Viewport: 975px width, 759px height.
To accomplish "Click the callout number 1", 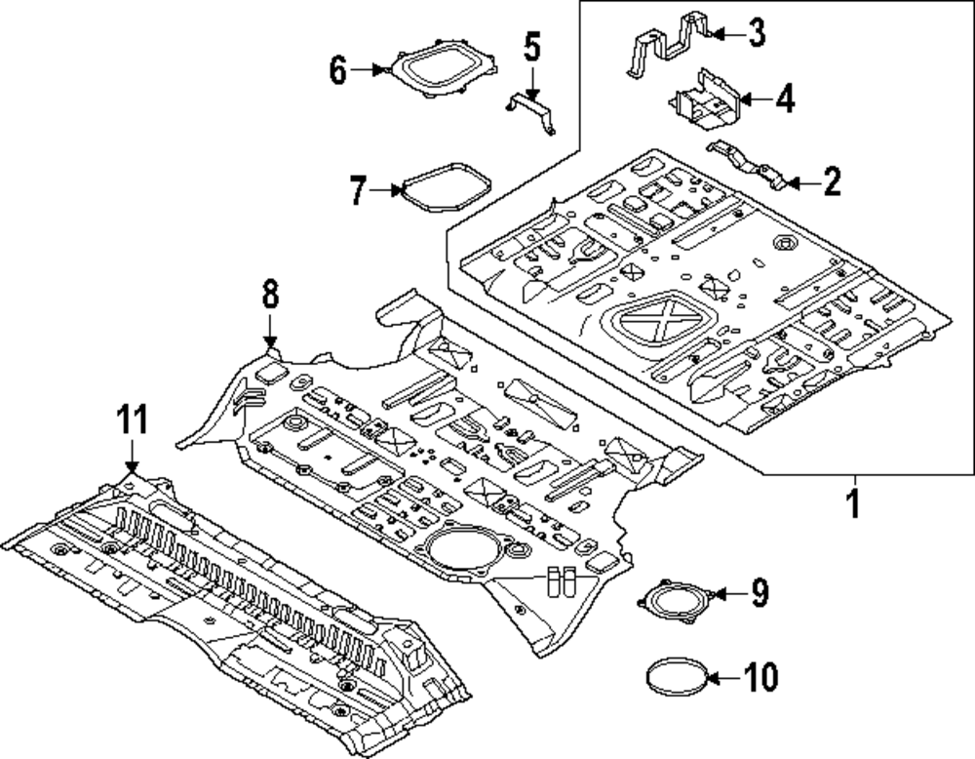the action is (x=854, y=503).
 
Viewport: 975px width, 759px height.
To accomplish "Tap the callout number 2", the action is (x=832, y=181).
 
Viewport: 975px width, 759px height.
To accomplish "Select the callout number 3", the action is (x=757, y=32).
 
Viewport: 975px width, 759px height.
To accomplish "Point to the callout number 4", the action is (x=786, y=99).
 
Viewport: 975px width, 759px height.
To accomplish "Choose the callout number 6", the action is (x=337, y=69).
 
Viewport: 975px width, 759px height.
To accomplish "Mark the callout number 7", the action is (x=358, y=189).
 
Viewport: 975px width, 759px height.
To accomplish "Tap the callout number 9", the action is (x=760, y=593).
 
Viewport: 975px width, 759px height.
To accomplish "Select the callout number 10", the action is (x=760, y=676).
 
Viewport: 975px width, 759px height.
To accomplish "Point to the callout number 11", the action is (x=133, y=419).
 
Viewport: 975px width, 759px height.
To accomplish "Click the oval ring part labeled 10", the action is (x=677, y=677).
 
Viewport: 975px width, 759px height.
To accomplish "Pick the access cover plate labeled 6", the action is (x=443, y=69).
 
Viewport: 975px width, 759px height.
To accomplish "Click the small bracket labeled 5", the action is (x=530, y=112).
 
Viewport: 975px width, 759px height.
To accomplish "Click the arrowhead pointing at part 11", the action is (x=132, y=466).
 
